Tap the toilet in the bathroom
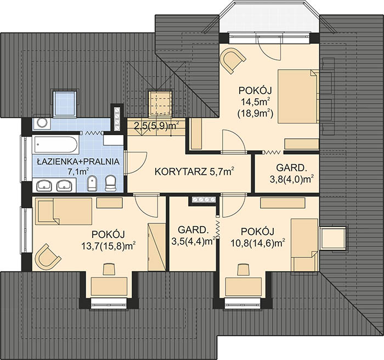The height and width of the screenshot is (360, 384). (x=110, y=183)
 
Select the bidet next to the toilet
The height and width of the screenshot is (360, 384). (x=92, y=183)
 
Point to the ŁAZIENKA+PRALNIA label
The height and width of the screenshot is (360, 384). (x=78, y=161)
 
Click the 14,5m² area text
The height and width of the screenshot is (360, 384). (x=256, y=102)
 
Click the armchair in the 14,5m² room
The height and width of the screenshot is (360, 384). (x=233, y=60)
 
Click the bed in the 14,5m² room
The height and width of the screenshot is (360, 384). (x=298, y=96)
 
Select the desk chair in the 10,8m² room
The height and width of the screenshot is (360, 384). (x=244, y=269)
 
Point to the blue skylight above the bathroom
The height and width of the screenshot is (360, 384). (x=64, y=104)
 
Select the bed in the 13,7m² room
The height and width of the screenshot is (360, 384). (x=64, y=211)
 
